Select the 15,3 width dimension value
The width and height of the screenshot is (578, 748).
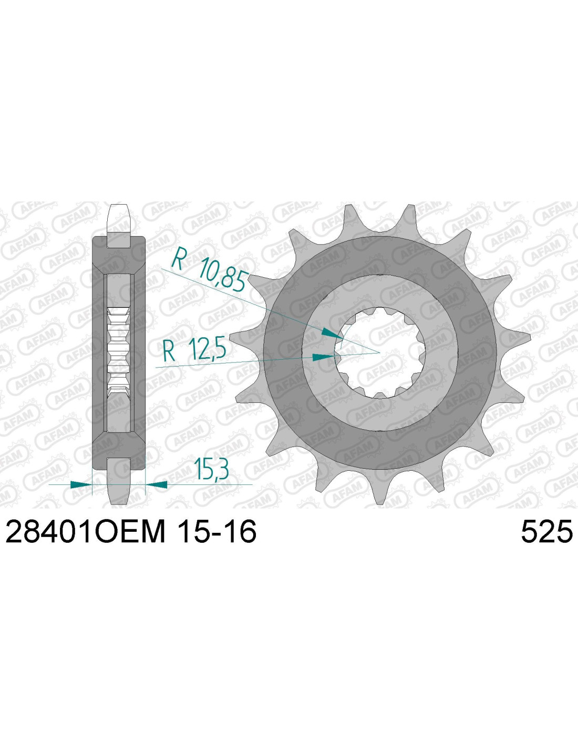(211, 467)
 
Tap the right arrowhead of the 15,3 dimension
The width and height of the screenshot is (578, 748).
(157, 484)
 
